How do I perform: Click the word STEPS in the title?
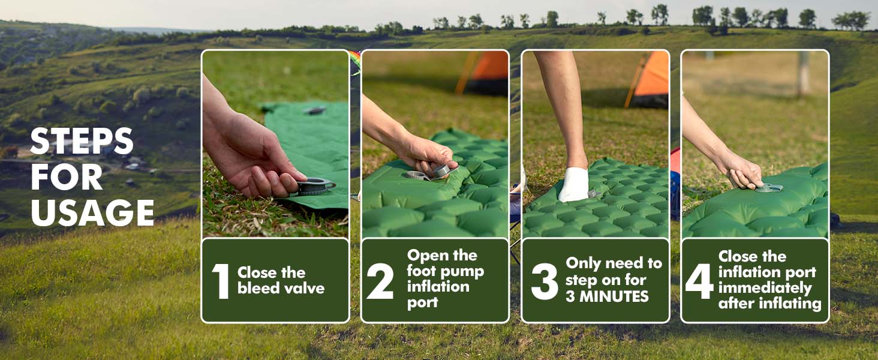click(x=82, y=142)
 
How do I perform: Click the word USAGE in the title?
click(x=92, y=212)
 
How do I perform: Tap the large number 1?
click(x=221, y=281)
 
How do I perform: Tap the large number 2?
click(x=380, y=281)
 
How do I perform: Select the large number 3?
click(x=545, y=281)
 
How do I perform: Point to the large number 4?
click(x=699, y=281)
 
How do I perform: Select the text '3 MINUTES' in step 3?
click(x=607, y=296)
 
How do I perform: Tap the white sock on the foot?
click(x=573, y=184)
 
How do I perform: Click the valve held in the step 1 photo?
click(x=315, y=186)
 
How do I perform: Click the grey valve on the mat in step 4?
click(x=769, y=188)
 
